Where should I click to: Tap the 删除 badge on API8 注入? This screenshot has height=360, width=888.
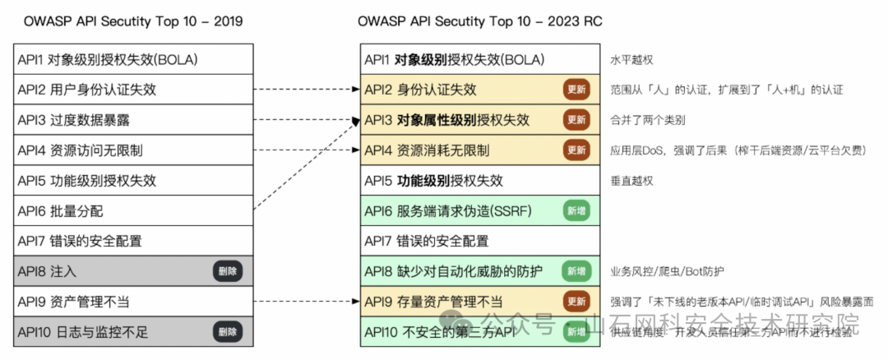coord(229,271)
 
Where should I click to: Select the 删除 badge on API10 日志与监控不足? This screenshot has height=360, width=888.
coord(229,331)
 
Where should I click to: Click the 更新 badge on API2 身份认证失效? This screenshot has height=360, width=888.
coord(576,90)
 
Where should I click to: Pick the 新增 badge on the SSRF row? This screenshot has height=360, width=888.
coord(576,210)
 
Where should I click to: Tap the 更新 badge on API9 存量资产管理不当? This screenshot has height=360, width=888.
coord(576,302)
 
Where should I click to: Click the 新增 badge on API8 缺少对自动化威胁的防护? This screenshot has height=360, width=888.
coord(576,271)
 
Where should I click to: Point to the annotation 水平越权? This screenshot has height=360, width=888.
coord(631,60)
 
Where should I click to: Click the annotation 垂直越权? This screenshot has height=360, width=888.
coord(631,181)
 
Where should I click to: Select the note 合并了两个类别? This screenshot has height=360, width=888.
coord(648,120)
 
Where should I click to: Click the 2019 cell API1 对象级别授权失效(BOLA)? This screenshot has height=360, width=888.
coord(108,60)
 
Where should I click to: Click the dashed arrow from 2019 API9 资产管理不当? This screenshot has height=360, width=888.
coord(304,302)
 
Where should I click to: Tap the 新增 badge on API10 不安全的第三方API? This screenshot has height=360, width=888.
coord(576,331)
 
